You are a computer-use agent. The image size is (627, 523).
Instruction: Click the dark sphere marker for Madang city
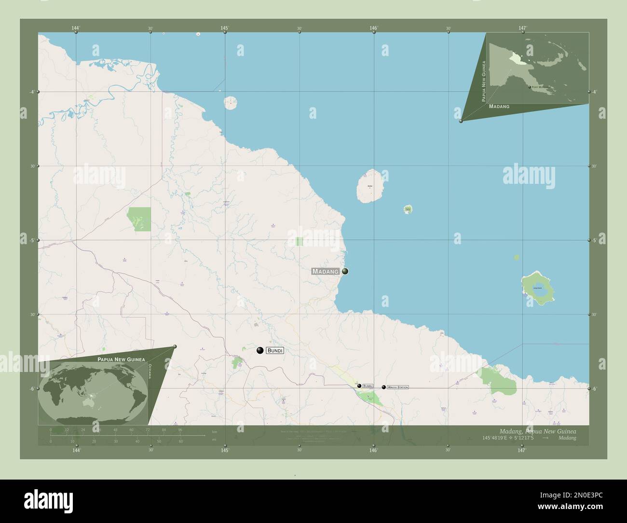coord(345,271)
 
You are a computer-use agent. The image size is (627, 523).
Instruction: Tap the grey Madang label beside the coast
coord(326,271)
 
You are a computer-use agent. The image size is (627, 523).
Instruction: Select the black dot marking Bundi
coord(260,350)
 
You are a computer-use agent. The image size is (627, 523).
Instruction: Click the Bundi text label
coord(274,350)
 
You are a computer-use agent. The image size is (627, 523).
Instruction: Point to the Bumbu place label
coord(368,386)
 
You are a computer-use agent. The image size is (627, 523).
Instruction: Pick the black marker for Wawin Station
coord(384,387)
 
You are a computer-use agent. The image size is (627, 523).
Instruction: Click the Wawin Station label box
coord(398,387)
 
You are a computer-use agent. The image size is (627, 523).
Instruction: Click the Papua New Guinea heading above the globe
coord(121,359)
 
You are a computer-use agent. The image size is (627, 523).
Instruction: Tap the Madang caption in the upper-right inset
coord(499,106)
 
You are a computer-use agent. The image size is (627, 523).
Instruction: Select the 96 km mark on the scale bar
coord(180,429)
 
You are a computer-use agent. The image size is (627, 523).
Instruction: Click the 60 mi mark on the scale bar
coord(181,441)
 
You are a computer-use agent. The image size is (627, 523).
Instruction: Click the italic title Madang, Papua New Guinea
coord(537,430)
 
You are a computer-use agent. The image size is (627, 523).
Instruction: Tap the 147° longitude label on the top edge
coord(522,28)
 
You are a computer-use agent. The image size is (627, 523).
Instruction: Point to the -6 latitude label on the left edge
coord(31,389)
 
